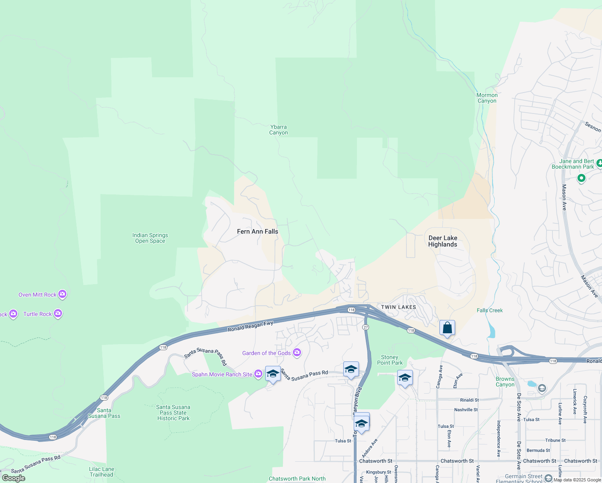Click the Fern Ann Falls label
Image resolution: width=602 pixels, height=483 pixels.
tap(258, 231)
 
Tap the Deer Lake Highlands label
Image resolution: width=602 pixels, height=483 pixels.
tap(443, 241)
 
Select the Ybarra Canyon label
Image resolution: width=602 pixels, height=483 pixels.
tap(278, 130)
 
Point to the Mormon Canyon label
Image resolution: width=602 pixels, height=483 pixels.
tap(487, 98)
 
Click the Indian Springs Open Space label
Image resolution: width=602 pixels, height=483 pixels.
tap(150, 238)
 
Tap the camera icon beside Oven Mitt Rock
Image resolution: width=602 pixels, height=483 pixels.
tap(62, 294)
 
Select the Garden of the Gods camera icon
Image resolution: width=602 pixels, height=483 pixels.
tap(297, 353)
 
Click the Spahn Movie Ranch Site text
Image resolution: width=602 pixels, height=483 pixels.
tap(222, 374)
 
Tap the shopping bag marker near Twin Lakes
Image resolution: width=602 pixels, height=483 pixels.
tap(447, 328)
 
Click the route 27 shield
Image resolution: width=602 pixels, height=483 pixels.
tap(365, 327)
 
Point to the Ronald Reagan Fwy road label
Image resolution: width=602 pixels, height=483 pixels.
tap(250, 326)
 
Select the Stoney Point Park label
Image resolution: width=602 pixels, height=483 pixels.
tap(390, 360)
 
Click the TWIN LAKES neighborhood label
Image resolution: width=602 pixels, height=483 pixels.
tap(398, 307)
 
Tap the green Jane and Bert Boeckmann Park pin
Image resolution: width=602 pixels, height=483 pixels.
tap(581, 178)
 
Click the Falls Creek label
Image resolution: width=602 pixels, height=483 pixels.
tap(490, 310)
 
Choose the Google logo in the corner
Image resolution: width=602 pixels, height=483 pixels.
tap(13, 478)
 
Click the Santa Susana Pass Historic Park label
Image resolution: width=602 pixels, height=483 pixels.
tap(173, 413)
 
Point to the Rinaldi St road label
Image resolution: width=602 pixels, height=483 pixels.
tap(469, 400)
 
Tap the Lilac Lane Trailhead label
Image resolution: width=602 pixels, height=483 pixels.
tap(101, 472)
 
